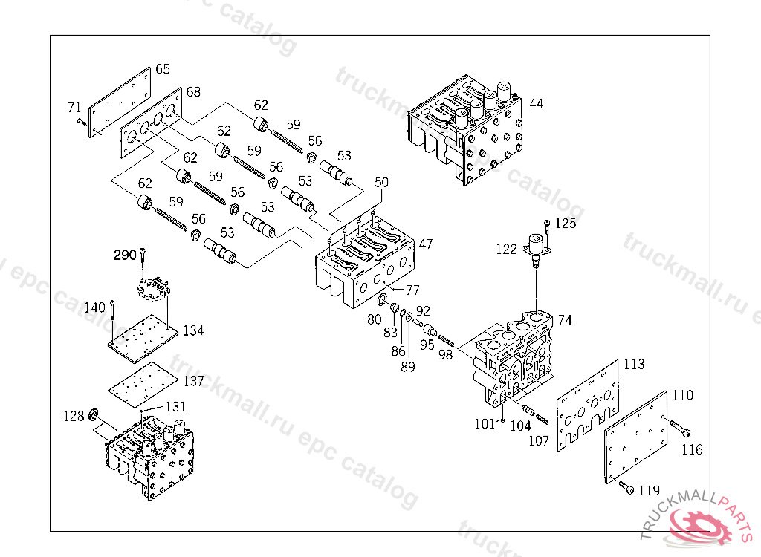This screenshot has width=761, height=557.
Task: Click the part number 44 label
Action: tap(536, 104)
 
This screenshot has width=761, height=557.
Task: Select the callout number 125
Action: tap(566, 223)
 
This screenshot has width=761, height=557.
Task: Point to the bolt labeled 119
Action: tap(626, 487)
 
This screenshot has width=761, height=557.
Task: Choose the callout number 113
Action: tap(634, 365)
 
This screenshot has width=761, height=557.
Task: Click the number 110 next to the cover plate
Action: tap(683, 395)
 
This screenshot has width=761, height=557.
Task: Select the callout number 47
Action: tap(425, 244)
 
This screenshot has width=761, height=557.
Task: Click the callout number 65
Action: tap(162, 69)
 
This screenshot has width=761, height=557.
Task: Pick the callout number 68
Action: tap(193, 92)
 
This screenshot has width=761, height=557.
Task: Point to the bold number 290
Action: tap(124, 255)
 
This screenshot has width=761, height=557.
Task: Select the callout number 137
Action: tap(193, 381)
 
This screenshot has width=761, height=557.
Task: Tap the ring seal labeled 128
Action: tap(94, 414)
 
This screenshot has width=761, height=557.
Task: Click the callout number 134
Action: tap(193, 330)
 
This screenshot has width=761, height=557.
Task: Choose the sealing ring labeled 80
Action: tap(383, 300)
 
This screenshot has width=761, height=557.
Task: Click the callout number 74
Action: tap(565, 320)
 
